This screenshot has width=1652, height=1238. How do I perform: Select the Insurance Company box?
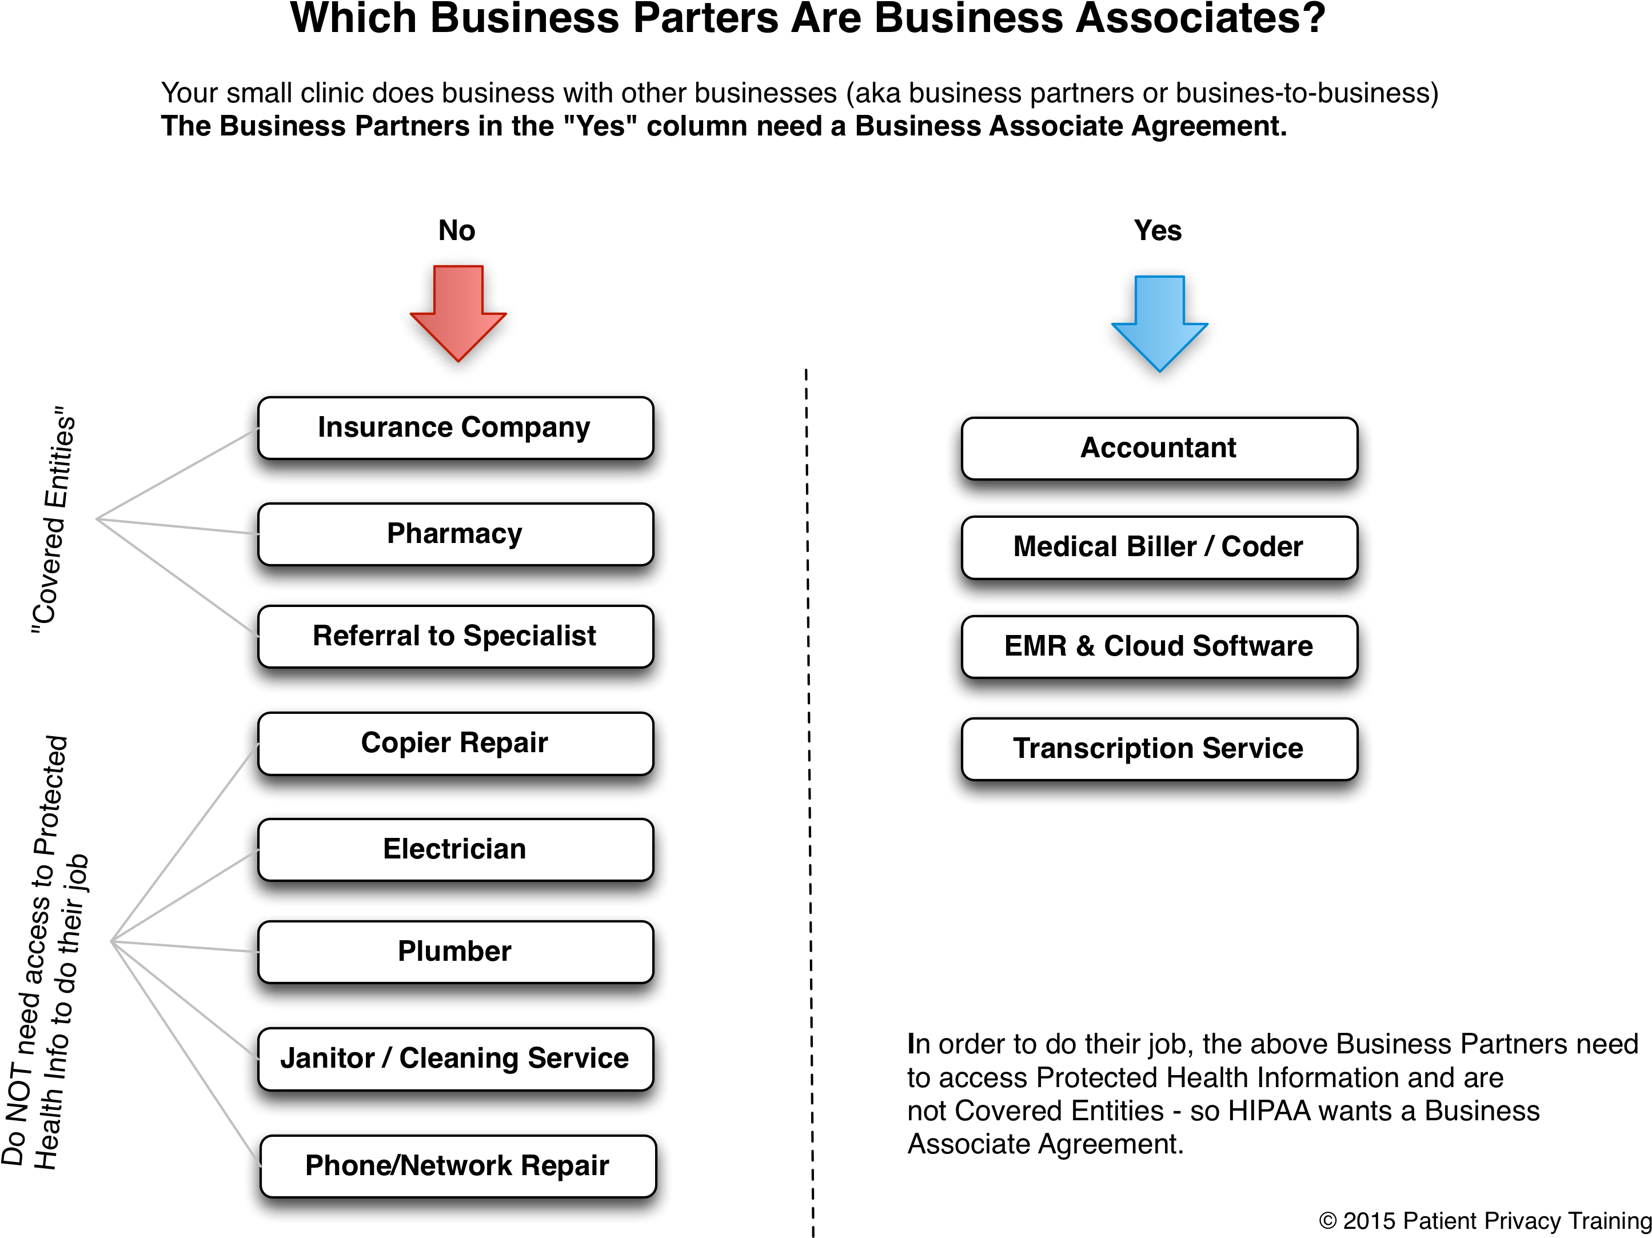pos(456,428)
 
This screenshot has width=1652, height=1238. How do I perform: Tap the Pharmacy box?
pos(456,534)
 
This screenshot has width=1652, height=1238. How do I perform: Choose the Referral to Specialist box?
pos(456,636)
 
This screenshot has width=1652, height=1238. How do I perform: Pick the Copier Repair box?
pos(456,743)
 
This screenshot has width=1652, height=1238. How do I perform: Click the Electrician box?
pos(456,849)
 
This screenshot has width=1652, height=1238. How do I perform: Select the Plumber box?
pos(456,951)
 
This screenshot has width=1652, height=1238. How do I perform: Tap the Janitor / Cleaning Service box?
pos(456,1059)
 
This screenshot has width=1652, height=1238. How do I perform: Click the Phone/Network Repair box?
pos(458,1165)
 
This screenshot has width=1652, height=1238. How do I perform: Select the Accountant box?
pos(1159,448)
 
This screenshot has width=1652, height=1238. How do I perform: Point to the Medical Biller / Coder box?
pos(1159,548)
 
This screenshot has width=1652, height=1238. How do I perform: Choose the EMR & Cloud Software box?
pos(1159,646)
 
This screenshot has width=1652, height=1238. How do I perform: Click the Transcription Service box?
pos(1159,749)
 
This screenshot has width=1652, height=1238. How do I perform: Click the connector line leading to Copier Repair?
pos(185,842)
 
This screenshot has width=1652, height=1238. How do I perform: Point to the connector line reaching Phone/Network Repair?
pos(187,1055)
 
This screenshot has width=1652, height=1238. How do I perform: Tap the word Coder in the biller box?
pos(1262,548)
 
